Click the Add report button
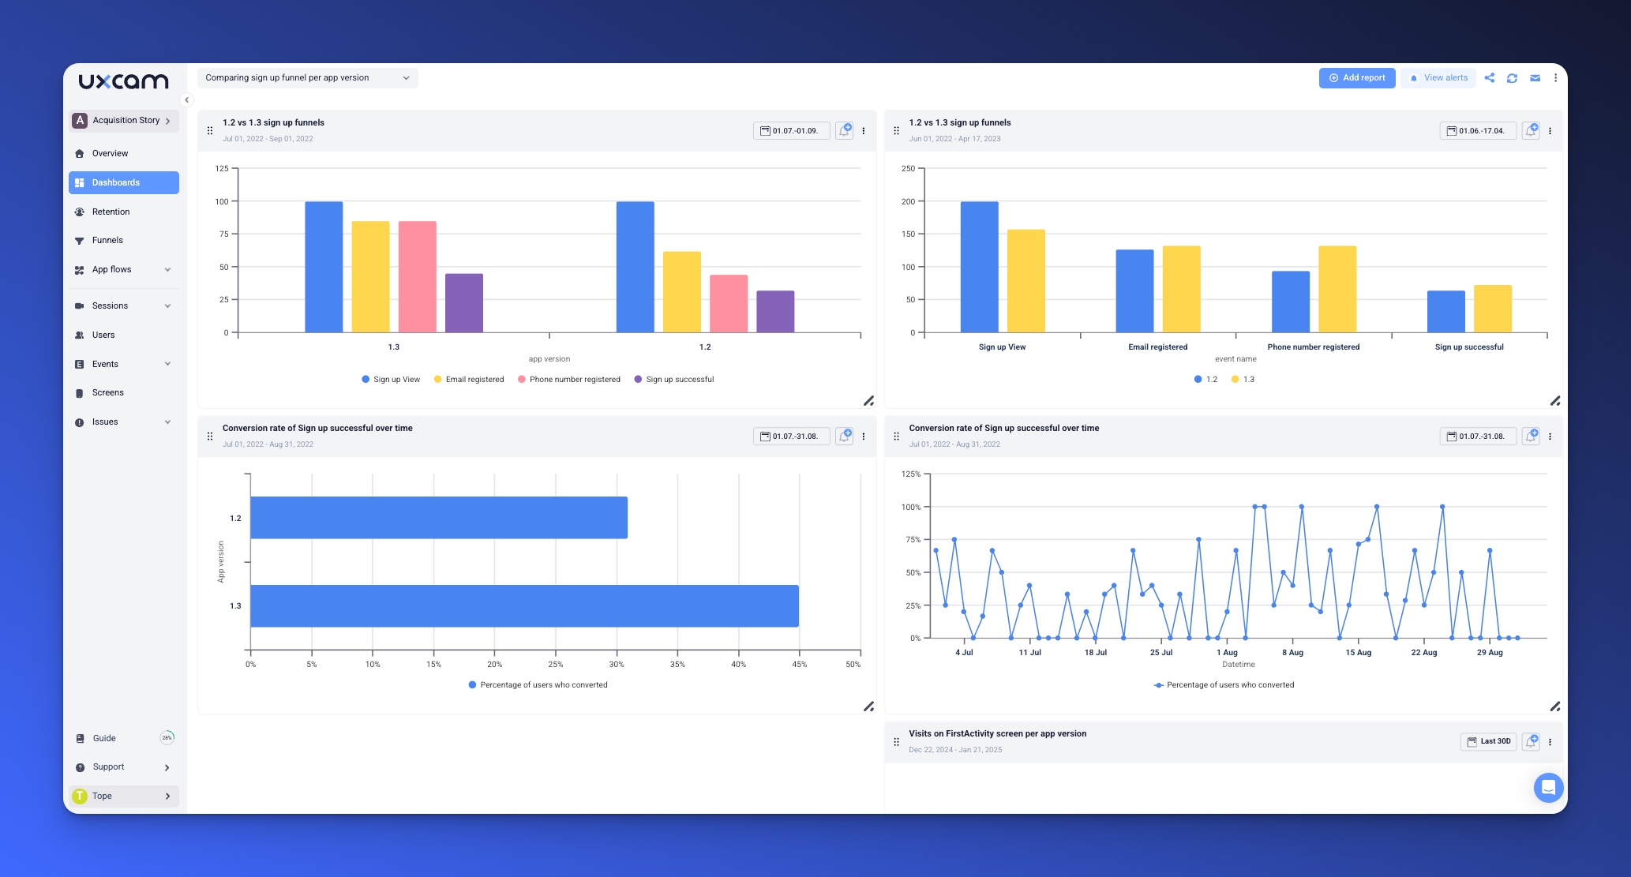click(1357, 77)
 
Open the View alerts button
click(1438, 77)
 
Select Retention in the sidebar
click(111, 212)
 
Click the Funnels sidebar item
click(107, 240)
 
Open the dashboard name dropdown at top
click(307, 77)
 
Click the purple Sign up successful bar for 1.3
click(463, 303)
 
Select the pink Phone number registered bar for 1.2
click(728, 304)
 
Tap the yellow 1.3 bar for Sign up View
click(1025, 281)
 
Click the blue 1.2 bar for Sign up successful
click(1445, 312)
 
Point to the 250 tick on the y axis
click(908, 169)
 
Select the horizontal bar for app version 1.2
click(438, 518)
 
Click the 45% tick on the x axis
click(799, 665)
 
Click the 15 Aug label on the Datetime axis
click(1358, 653)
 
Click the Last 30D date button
click(1488, 741)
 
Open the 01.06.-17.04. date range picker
click(1477, 131)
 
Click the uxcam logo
click(123, 81)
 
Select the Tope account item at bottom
click(123, 796)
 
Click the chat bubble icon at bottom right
click(1548, 787)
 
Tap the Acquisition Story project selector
click(123, 120)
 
